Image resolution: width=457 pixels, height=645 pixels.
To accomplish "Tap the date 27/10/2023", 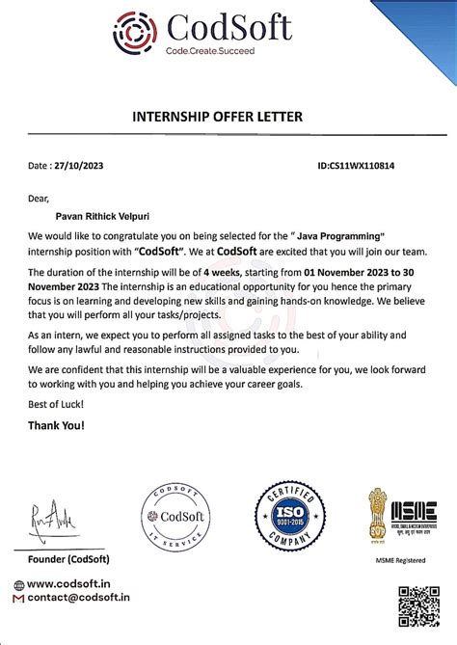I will pyautogui.click(x=79, y=166).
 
